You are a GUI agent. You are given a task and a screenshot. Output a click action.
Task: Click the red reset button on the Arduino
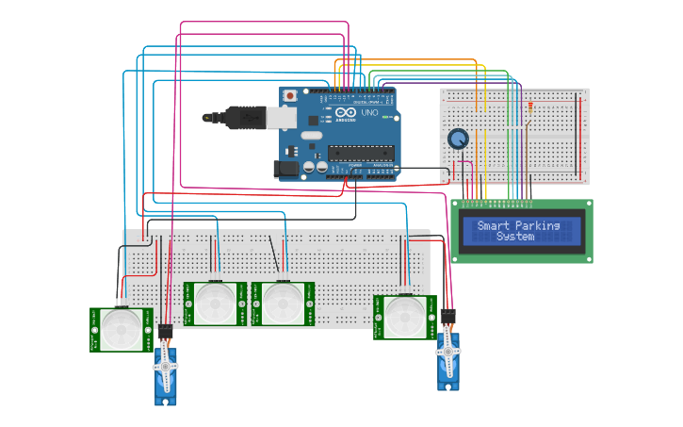tap(290, 96)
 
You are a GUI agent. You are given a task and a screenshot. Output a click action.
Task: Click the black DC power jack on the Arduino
tap(285, 169)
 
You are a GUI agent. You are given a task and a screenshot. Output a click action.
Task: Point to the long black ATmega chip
tap(359, 152)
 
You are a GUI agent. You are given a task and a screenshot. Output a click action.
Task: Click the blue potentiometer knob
tap(458, 140)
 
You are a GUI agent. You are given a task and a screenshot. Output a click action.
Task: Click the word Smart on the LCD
tap(494, 225)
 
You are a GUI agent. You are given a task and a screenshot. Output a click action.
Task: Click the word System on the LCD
tap(515, 237)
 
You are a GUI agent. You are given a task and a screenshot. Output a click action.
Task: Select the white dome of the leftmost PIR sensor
tap(122, 329)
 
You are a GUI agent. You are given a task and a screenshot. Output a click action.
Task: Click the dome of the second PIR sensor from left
tap(216, 304)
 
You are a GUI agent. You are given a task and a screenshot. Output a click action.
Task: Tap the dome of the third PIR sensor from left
tap(282, 304)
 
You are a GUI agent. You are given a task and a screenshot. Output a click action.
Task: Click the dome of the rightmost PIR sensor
tap(405, 317)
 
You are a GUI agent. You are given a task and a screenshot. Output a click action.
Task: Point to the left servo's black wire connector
tap(165, 333)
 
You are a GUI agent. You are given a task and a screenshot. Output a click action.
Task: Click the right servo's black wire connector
tap(448, 318)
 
